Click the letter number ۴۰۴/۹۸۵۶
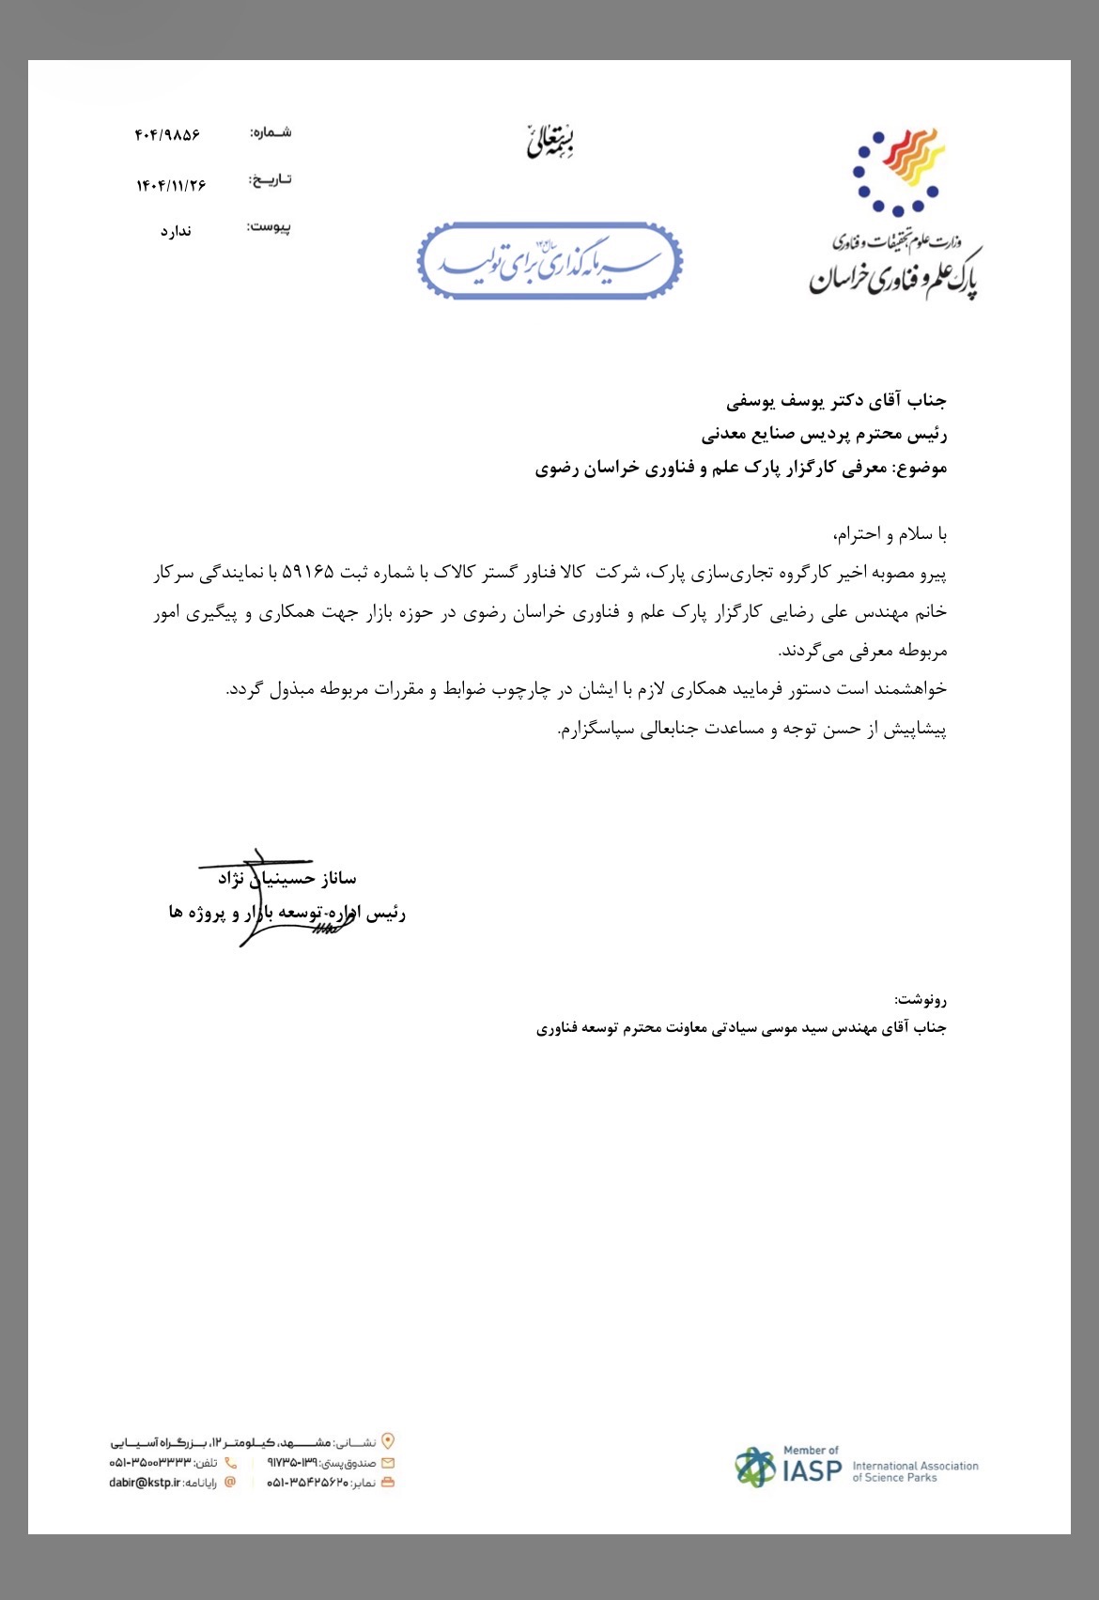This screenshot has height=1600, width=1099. (167, 135)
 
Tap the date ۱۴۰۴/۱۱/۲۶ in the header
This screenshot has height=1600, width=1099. (171, 185)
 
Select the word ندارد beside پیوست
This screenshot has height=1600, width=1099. (176, 231)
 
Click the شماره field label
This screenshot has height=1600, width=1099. (271, 132)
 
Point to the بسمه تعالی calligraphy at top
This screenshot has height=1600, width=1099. (550, 141)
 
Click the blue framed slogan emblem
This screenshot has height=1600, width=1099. (549, 261)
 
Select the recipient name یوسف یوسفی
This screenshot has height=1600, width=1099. (764, 401)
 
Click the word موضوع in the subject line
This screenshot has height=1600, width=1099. (922, 468)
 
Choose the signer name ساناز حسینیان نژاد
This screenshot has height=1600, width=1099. (287, 878)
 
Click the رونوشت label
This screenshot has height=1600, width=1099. (921, 999)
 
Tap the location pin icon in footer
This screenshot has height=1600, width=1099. (388, 1441)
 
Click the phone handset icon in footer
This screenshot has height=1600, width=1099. (231, 1463)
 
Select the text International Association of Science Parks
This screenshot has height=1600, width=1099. (915, 1471)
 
